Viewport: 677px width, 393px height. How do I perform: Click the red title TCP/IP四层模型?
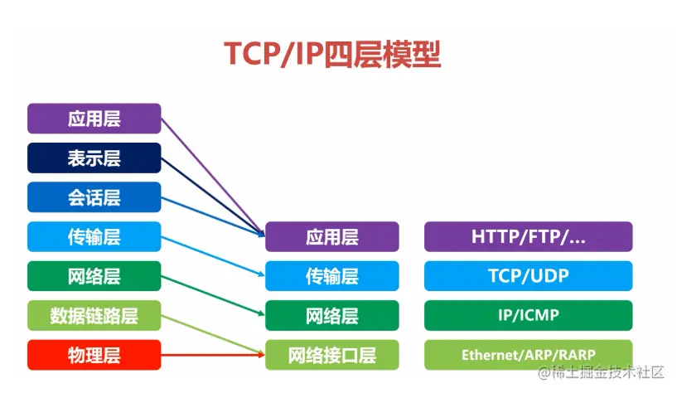click(x=332, y=53)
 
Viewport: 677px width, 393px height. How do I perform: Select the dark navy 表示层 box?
click(x=94, y=158)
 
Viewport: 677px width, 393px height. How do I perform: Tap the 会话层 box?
click(x=94, y=197)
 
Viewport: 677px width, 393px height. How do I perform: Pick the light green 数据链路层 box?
click(x=94, y=316)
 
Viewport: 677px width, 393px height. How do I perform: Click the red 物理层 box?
click(x=94, y=356)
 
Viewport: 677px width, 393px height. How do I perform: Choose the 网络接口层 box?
click(x=331, y=356)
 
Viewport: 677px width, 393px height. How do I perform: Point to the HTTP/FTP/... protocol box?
click(x=528, y=236)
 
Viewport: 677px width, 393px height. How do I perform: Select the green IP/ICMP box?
click(x=528, y=316)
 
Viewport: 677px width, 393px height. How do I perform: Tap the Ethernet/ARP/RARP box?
click(x=528, y=356)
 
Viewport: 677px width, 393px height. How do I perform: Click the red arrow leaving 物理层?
click(x=211, y=356)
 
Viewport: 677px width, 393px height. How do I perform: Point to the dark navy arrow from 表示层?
click(x=210, y=192)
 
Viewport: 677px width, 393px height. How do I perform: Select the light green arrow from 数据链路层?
click(x=211, y=335)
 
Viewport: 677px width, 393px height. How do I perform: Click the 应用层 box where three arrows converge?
click(x=331, y=237)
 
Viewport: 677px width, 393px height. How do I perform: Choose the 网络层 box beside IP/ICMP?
click(x=331, y=316)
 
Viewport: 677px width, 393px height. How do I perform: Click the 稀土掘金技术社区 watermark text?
click(x=608, y=373)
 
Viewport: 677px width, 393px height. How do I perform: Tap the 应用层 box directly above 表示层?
click(x=94, y=119)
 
